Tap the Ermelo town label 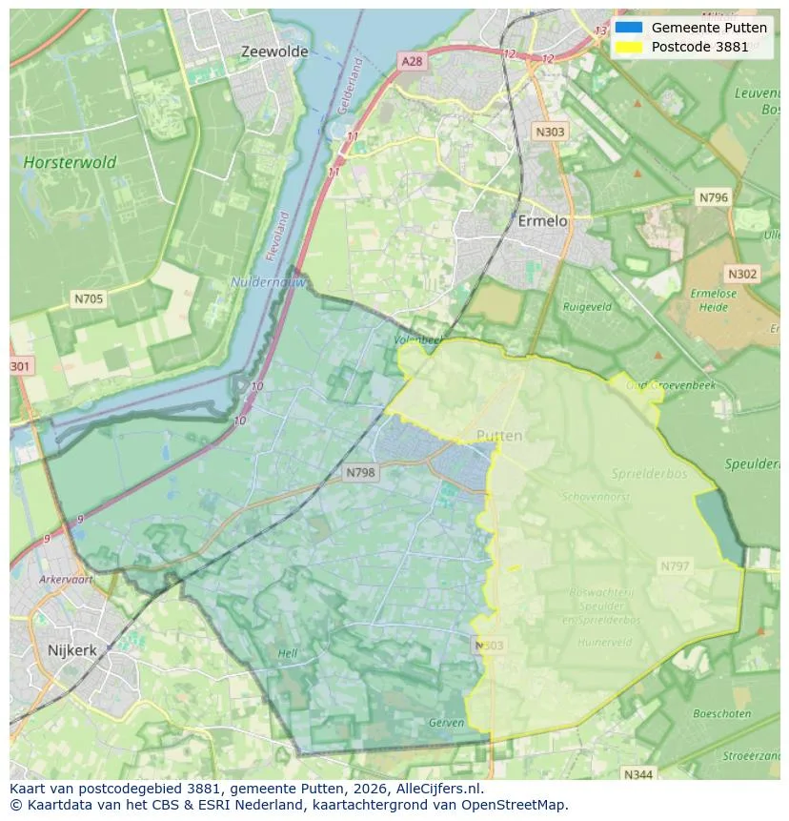pyautogui.click(x=542, y=220)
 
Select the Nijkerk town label pyautogui.click(x=71, y=650)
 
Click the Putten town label pyautogui.click(x=499, y=436)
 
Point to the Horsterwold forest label pyautogui.click(x=71, y=162)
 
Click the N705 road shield pyautogui.click(x=89, y=299)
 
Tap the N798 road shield pyautogui.click(x=361, y=472)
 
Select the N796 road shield pyautogui.click(x=713, y=197)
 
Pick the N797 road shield pyautogui.click(x=675, y=566)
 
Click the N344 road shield pyautogui.click(x=638, y=774)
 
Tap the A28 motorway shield pyautogui.click(x=412, y=61)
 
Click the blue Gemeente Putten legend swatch pyautogui.click(x=629, y=28)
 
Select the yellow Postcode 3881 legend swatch pyautogui.click(x=629, y=47)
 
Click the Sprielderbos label pyautogui.click(x=647, y=473)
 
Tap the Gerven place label pyautogui.click(x=446, y=723)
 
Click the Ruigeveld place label pyautogui.click(x=587, y=307)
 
